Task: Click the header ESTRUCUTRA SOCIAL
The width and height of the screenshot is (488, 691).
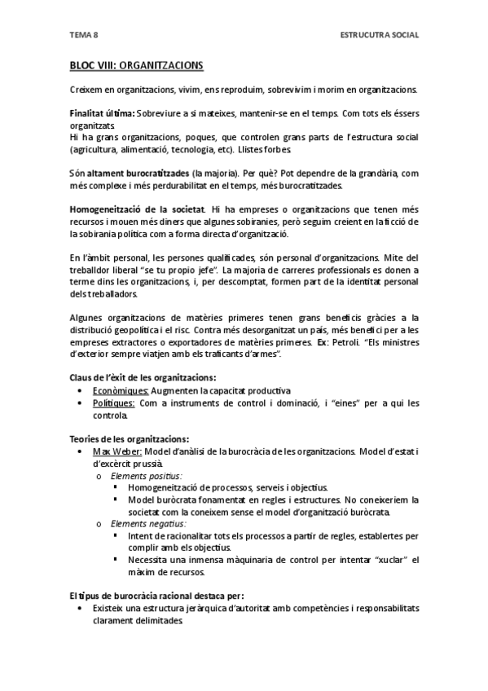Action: point(379,34)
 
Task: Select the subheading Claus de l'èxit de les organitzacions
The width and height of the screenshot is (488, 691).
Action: point(142,377)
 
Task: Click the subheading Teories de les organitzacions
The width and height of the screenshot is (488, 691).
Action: point(129,439)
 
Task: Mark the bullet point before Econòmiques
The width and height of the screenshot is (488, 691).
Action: point(79,390)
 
